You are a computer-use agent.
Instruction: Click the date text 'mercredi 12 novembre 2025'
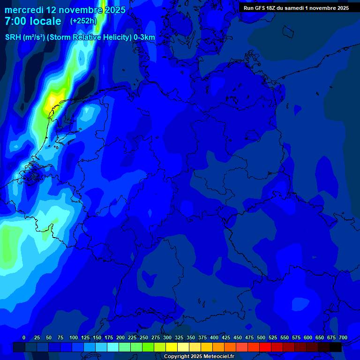pyautogui.click(x=65, y=10)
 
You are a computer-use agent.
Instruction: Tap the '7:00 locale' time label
pyautogui.click(x=33, y=21)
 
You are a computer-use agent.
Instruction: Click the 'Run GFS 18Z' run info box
pyautogui.click(x=296, y=8)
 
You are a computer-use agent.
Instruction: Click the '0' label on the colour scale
pyautogui.click(x=24, y=337)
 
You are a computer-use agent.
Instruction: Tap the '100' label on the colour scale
pyautogui.click(x=74, y=337)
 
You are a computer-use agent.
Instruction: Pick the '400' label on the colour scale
pyautogui.click(x=214, y=337)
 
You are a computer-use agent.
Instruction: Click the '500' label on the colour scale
pyautogui.click(x=261, y=337)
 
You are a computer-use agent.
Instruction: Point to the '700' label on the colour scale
pyautogui.click(x=343, y=337)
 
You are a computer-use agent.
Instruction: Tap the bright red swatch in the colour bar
pyautogui.click(x=265, y=347)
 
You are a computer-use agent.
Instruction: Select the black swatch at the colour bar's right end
pyautogui.click(x=336, y=347)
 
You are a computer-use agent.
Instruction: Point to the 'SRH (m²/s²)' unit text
pyautogui.click(x=25, y=37)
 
